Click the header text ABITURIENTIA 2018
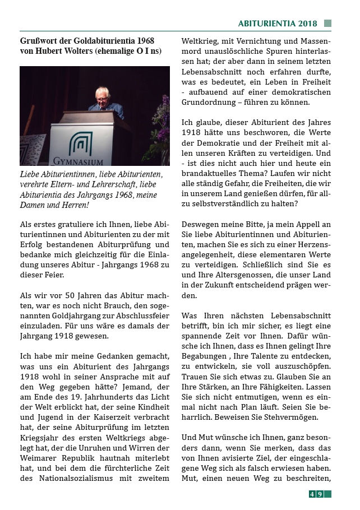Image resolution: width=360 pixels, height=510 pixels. point(277,24)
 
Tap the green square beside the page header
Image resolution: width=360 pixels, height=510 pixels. point(327,24)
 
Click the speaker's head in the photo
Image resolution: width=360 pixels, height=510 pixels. point(102,95)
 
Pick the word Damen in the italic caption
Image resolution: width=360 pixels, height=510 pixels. point(33,206)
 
